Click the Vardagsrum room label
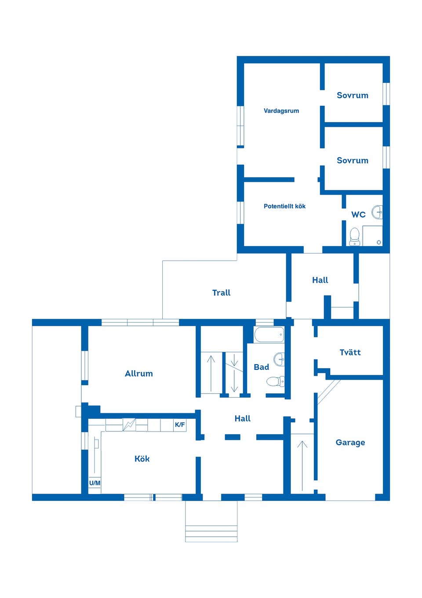click(281, 111)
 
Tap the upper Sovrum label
click(352, 95)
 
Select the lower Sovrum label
click(352, 160)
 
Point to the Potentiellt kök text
click(284, 206)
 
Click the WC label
click(358, 214)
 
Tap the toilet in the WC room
click(355, 236)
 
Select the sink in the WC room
click(377, 212)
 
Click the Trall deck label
click(221, 293)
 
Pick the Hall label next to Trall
click(320, 280)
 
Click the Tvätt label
click(350, 352)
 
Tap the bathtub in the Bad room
click(269, 335)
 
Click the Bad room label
click(261, 367)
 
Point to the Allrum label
click(139, 373)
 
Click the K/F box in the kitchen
click(180, 425)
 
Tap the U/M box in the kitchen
click(95, 483)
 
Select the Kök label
click(142, 459)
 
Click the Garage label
click(350, 443)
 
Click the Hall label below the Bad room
click(242, 419)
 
